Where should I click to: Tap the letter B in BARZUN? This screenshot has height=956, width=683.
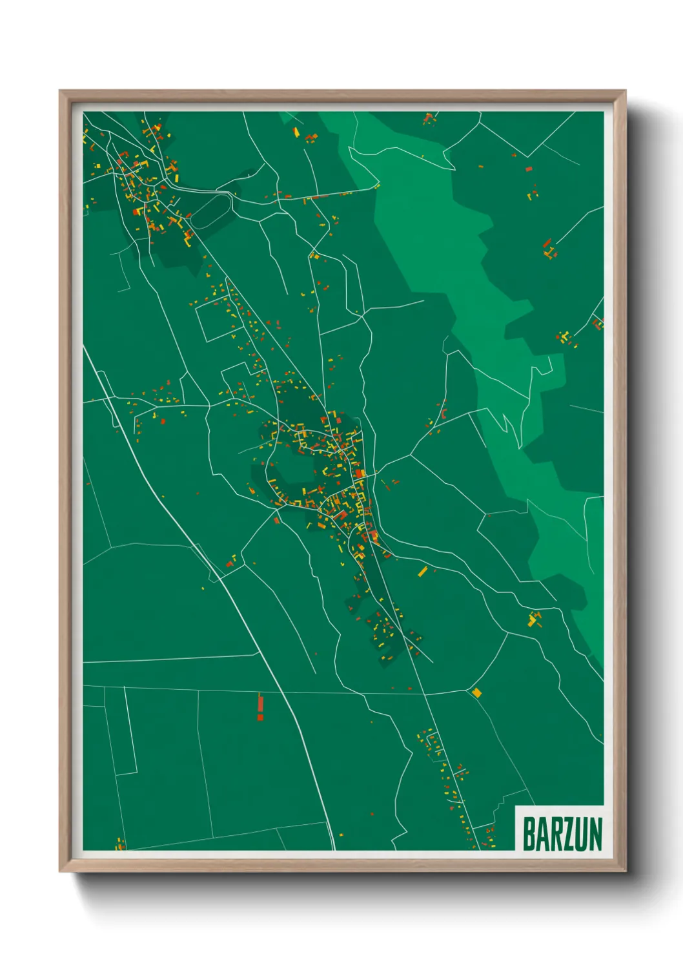[529, 834]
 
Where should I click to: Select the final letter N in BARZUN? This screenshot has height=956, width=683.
[595, 834]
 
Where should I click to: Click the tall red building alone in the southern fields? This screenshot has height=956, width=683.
[260, 707]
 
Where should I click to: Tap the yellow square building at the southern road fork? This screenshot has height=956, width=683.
[477, 693]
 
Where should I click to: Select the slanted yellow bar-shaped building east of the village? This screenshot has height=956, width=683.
[423, 571]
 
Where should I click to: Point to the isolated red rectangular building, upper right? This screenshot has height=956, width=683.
[529, 169]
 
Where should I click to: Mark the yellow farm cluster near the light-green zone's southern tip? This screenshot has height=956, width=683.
[534, 619]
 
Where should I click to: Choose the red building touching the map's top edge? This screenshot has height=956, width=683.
[427, 118]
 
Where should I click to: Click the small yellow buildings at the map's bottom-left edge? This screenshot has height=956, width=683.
[119, 844]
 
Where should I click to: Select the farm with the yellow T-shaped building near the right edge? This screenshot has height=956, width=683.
[566, 337]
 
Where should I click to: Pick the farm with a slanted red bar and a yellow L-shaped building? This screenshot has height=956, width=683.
[549, 249]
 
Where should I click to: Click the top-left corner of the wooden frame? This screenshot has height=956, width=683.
[60, 91]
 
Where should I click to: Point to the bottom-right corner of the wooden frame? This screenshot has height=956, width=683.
[626, 871]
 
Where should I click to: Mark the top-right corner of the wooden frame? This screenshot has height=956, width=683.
[626, 91]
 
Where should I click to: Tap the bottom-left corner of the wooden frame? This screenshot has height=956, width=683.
[60, 871]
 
